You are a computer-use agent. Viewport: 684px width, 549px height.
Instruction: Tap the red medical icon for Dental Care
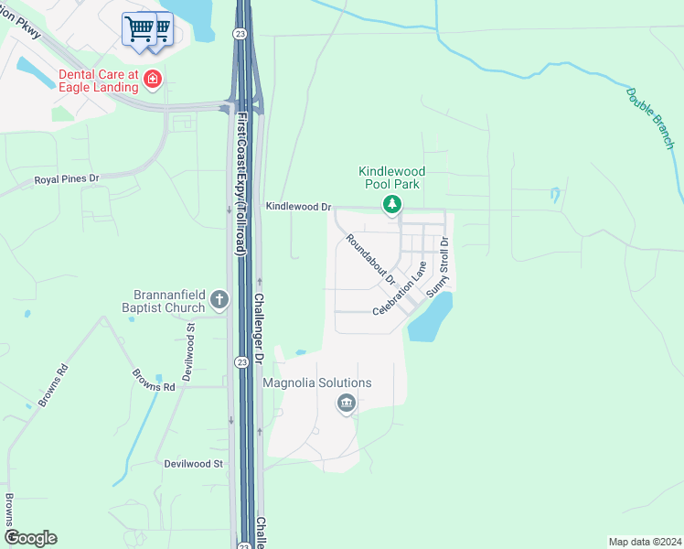(x=153, y=81)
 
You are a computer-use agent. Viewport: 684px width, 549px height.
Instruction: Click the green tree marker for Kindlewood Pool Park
(x=391, y=203)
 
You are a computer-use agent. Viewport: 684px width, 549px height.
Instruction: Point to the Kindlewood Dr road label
(x=297, y=208)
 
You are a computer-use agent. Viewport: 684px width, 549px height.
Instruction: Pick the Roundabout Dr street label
(x=369, y=259)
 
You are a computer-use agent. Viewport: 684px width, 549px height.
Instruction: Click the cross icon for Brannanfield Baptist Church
(x=219, y=298)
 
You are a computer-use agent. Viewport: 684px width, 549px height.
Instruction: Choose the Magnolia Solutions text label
(x=317, y=382)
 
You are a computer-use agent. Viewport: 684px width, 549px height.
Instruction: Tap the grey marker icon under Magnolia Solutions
(x=346, y=403)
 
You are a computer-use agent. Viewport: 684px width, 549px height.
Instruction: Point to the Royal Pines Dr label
(x=66, y=179)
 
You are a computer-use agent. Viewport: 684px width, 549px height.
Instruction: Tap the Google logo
(x=30, y=538)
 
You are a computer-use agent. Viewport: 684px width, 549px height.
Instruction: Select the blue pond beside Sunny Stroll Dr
(x=430, y=319)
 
